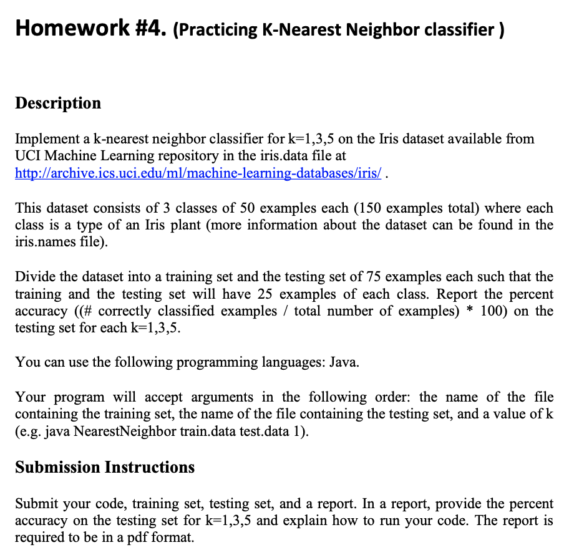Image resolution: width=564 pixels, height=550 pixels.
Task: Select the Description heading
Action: point(58,103)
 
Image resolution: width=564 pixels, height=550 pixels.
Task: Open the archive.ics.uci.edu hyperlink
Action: point(200,172)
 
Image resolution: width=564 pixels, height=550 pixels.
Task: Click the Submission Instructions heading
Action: point(105,467)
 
